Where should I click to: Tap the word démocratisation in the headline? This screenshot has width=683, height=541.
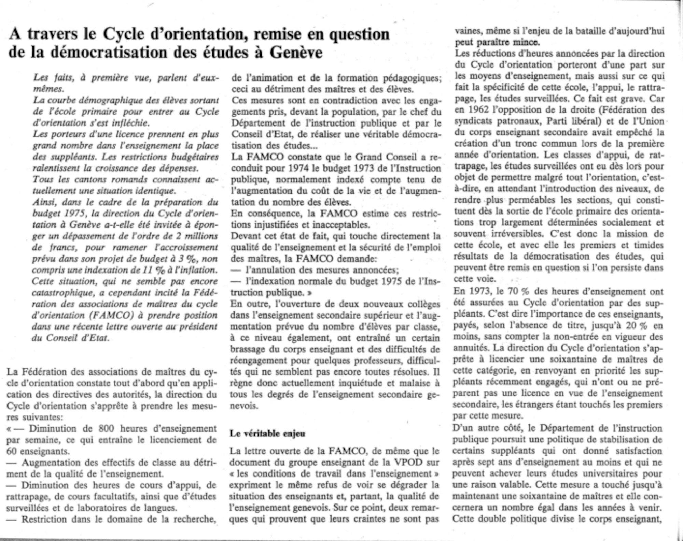click(112, 53)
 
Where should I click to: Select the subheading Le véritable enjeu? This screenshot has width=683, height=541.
click(267, 434)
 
